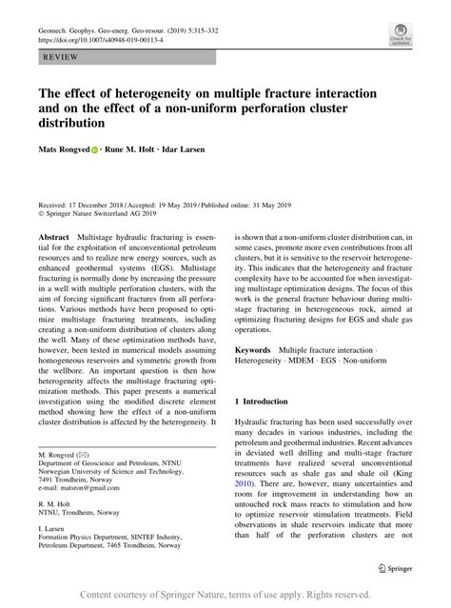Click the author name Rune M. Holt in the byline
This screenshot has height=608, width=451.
tap(141, 149)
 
